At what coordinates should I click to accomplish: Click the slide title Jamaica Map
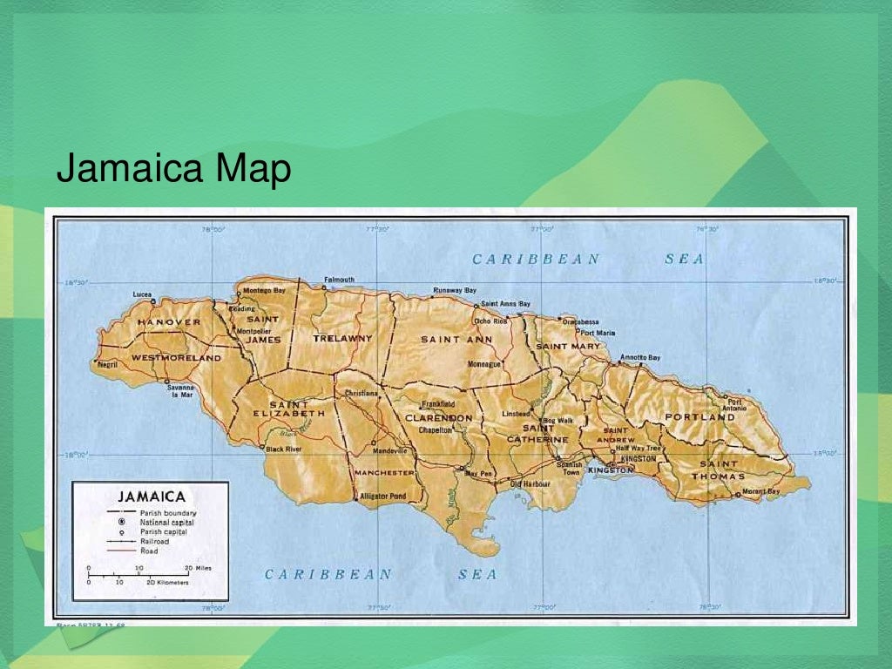173,169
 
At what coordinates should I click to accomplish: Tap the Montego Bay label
264,290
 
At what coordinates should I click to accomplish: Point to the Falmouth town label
339,280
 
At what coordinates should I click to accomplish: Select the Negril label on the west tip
106,364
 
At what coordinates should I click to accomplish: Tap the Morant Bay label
761,491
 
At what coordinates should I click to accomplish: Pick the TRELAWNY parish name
342,338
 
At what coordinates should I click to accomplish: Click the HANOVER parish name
169,322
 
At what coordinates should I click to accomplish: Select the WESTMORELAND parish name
177,358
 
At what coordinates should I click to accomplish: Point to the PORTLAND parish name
700,417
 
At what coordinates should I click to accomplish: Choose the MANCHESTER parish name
383,472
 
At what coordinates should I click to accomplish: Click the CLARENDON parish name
438,418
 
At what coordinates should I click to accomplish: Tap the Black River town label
283,449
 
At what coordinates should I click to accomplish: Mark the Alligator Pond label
382,497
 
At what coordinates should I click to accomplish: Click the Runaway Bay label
455,289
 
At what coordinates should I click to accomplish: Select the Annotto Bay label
640,358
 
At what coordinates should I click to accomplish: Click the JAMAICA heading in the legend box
152,496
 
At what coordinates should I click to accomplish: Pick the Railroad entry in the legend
154,541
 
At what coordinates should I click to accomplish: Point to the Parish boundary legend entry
168,513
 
